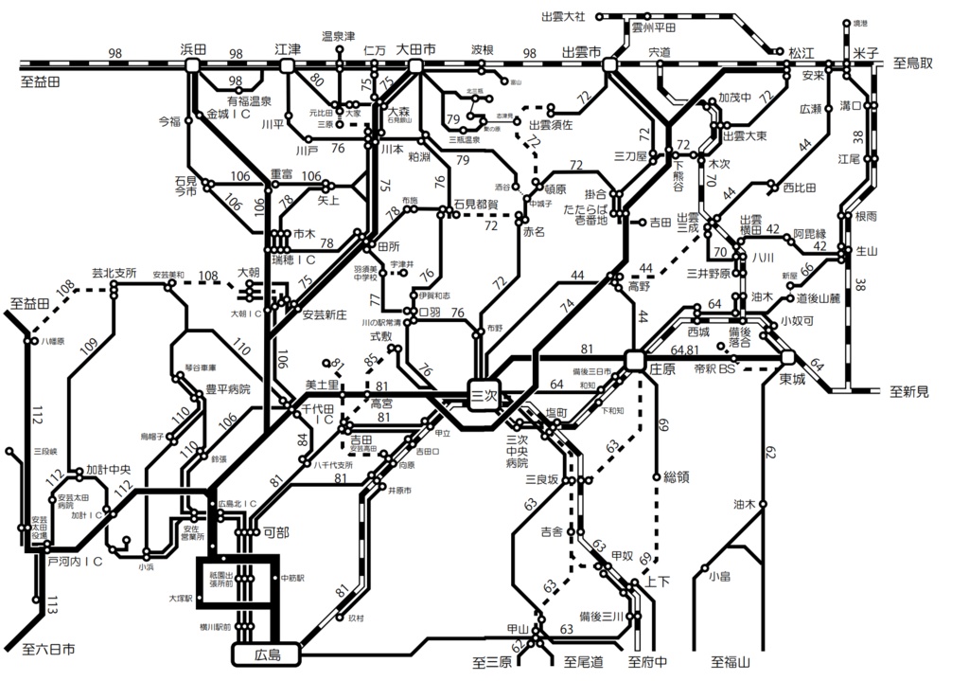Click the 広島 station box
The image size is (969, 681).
point(265,653)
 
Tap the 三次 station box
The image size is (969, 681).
point(484,397)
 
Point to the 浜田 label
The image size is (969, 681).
point(193,47)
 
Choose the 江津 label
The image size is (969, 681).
point(288,47)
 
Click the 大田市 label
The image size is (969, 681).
point(416,47)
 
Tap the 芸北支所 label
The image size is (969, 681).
point(114,273)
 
